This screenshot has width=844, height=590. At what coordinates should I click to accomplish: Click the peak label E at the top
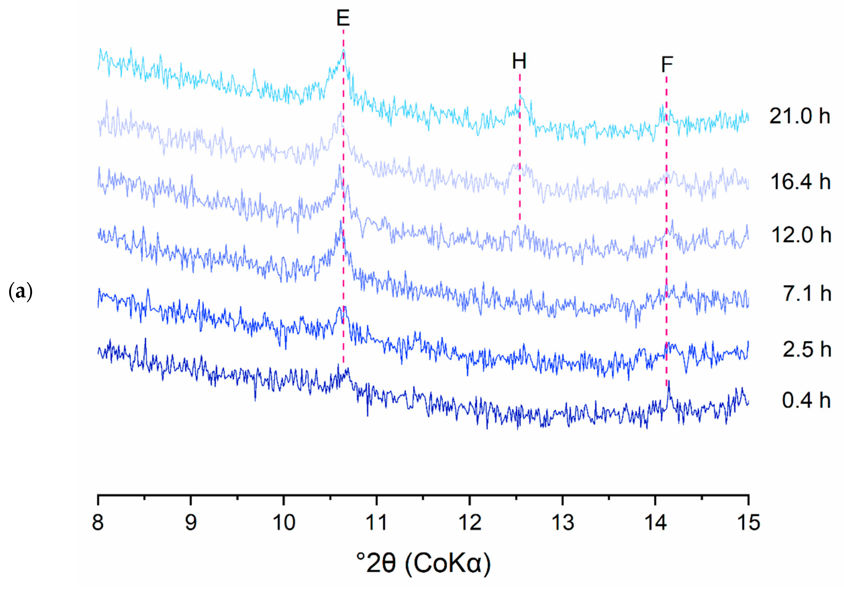343,18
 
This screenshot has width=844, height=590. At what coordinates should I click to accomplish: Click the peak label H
519,61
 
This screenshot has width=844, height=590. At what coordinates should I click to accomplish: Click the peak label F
667,65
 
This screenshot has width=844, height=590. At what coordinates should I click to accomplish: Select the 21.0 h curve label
800,116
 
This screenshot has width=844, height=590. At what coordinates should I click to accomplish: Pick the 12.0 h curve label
801,235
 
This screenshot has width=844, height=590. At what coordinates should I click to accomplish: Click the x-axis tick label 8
98,523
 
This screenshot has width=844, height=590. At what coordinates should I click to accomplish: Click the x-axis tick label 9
191,523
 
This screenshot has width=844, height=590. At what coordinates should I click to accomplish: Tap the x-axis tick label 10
284,523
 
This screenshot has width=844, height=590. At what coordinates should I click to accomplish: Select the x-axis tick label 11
376,523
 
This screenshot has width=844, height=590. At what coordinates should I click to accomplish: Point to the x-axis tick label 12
469,523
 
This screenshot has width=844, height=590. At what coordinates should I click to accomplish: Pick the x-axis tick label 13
562,523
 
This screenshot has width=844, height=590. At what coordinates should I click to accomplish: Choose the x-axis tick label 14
655,523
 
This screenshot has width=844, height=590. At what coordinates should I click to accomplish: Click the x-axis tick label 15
749,523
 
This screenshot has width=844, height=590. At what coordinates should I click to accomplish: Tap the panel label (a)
21,292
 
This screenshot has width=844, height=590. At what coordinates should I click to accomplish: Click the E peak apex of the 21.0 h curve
343,50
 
